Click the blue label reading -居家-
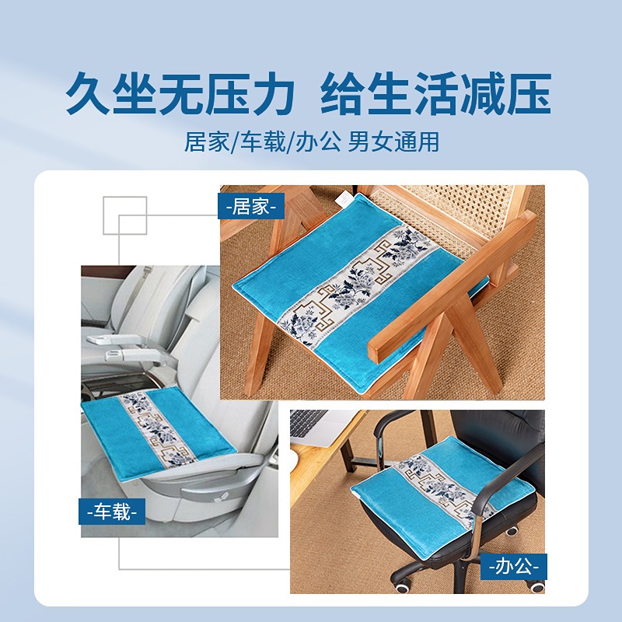point(251,206)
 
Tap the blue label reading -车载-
point(112,512)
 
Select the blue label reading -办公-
point(514,567)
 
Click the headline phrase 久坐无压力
point(180,93)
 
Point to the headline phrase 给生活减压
point(436,93)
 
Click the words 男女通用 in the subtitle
point(393,142)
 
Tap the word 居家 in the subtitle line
point(207,142)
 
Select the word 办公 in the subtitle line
point(319,142)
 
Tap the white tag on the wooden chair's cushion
point(342,199)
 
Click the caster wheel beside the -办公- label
point(538,585)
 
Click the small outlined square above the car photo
point(125,215)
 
